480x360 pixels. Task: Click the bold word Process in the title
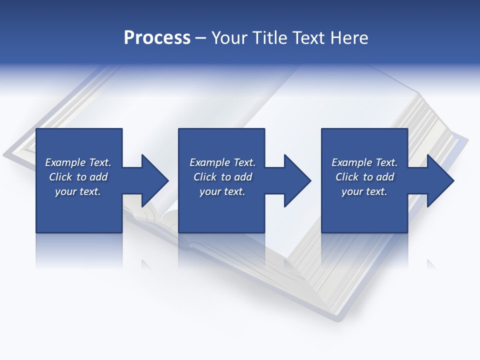(157, 38)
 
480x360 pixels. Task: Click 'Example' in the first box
(65, 162)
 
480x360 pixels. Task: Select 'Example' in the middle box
(210, 162)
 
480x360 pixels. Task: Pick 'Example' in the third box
(352, 162)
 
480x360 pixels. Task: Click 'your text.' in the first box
(78, 191)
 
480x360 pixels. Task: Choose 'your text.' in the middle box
(222, 191)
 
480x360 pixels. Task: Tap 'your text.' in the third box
(364, 191)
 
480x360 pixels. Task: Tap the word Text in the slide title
(304, 38)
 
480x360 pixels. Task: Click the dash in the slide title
(201, 38)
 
